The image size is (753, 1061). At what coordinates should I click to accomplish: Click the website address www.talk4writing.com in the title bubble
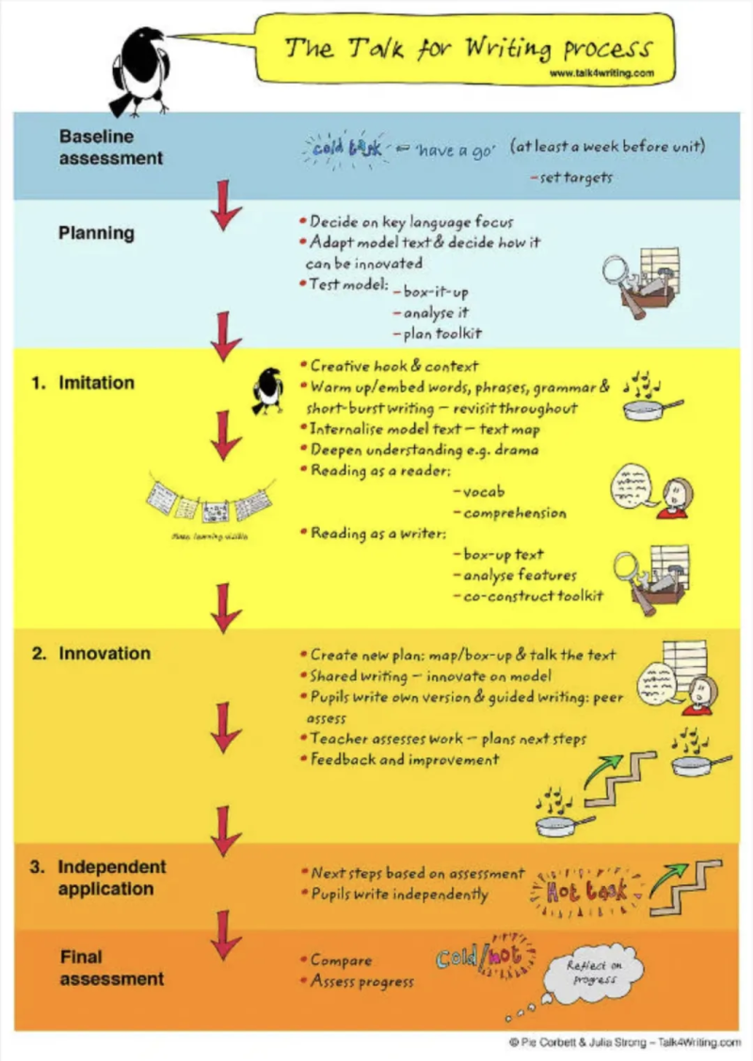600,72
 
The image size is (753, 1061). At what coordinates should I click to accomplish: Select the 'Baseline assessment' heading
111,147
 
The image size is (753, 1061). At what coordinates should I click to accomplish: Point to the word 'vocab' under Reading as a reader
486,492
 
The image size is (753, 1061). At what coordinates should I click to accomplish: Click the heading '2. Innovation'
91,653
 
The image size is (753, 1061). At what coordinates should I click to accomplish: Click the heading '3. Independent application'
100,878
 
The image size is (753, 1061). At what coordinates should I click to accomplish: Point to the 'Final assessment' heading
111,968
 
